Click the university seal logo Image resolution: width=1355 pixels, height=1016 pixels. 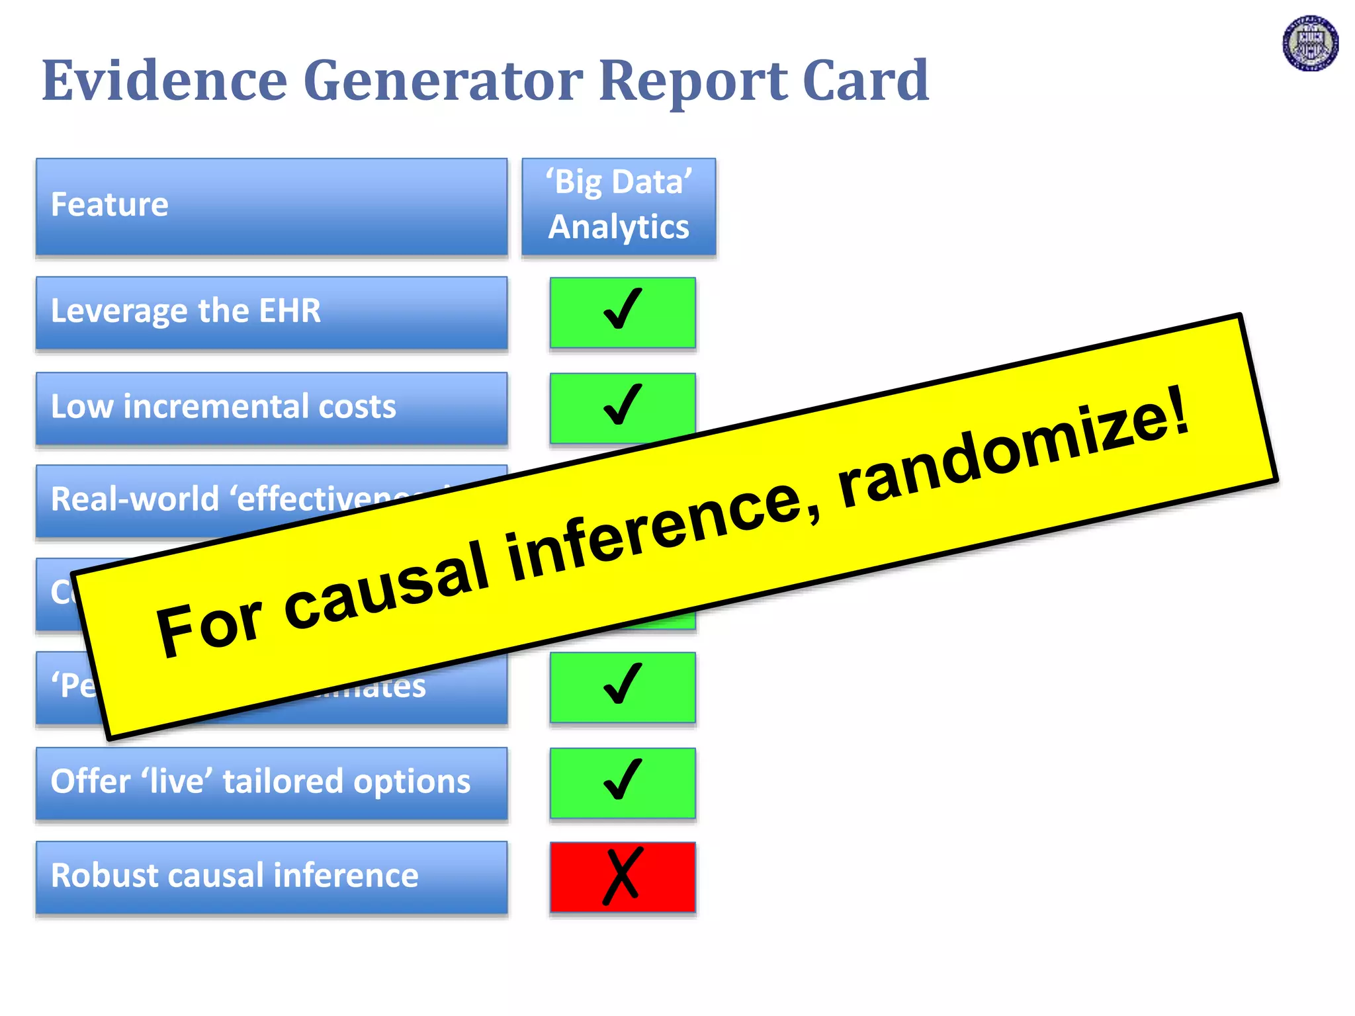coord(1310,44)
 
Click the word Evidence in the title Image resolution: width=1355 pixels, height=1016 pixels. coord(164,81)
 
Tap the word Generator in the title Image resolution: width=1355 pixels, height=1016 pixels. coord(443,81)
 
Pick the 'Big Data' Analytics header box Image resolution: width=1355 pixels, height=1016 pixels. coord(619,205)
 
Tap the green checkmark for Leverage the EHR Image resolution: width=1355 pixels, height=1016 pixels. coord(623,311)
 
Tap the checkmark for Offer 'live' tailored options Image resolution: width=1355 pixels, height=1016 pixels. coord(623,781)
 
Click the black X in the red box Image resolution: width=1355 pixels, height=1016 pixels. coord(623,876)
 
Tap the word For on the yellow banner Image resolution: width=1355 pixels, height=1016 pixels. coord(208,625)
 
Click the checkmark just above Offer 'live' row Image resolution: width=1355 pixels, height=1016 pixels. coord(623,686)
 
